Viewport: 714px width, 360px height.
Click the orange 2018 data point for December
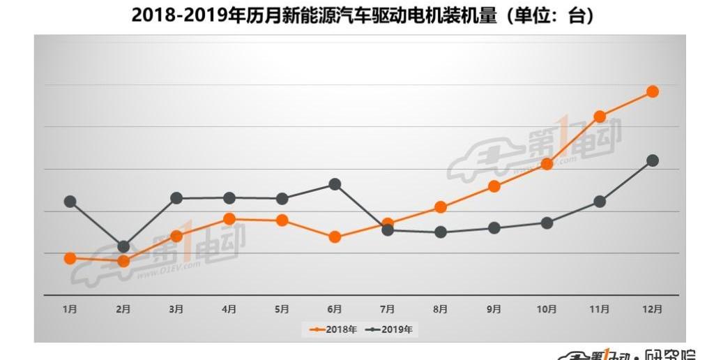click(653, 91)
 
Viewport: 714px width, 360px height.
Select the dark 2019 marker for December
click(653, 160)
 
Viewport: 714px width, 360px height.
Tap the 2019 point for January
click(70, 202)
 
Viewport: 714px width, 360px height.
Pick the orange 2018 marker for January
click(70, 258)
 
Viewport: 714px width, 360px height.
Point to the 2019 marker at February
click(123, 246)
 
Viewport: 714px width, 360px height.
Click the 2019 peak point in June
click(335, 184)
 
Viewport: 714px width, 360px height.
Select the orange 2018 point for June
click(335, 237)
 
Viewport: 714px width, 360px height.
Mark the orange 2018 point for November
click(599, 117)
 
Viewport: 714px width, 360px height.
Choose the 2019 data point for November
click(599, 202)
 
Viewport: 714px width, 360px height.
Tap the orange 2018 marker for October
click(547, 164)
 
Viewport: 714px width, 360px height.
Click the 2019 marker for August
click(441, 232)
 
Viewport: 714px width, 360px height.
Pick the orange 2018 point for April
click(229, 219)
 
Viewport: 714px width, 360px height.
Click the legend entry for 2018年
click(333, 329)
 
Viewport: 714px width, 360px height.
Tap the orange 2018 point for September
click(494, 186)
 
